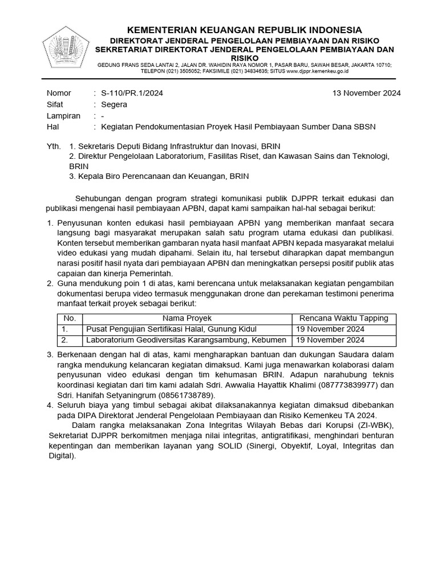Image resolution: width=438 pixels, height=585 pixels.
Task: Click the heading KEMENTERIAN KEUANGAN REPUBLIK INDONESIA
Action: coord(244,30)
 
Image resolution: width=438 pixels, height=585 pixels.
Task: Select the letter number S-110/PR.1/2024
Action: coord(132,93)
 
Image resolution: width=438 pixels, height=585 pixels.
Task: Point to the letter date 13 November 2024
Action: coord(366,93)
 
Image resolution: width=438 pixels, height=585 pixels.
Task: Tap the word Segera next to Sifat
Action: coord(114,105)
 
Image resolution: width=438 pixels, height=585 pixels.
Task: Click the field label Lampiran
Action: coord(63,115)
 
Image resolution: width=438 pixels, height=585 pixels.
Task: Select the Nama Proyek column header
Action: coord(187,318)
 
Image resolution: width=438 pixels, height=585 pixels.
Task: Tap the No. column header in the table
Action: coord(70,318)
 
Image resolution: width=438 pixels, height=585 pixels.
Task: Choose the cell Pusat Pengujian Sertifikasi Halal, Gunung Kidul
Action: coord(171,329)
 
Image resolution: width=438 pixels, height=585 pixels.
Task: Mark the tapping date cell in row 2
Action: coord(330,340)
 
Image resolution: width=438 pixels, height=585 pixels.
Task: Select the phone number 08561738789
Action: coord(186,395)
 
